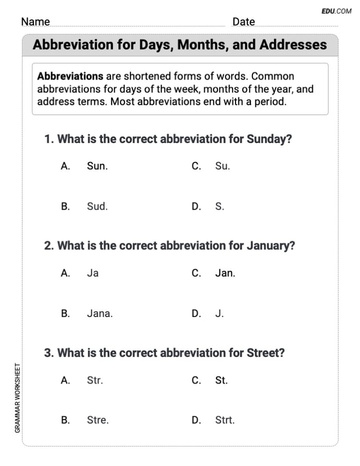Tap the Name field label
click(35, 22)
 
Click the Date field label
click(243, 22)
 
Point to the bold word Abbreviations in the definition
click(70, 76)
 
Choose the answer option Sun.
click(97, 166)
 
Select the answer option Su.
click(222, 166)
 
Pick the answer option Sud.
click(97, 206)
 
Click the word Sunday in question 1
click(269, 139)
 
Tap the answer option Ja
click(93, 273)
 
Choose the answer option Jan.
click(225, 273)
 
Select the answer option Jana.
click(100, 313)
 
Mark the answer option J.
click(220, 313)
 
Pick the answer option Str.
click(95, 380)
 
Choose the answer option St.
click(221, 380)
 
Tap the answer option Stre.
click(98, 420)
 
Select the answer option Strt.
click(225, 420)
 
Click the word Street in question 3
click(265, 353)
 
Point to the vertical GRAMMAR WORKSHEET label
click(17, 398)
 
